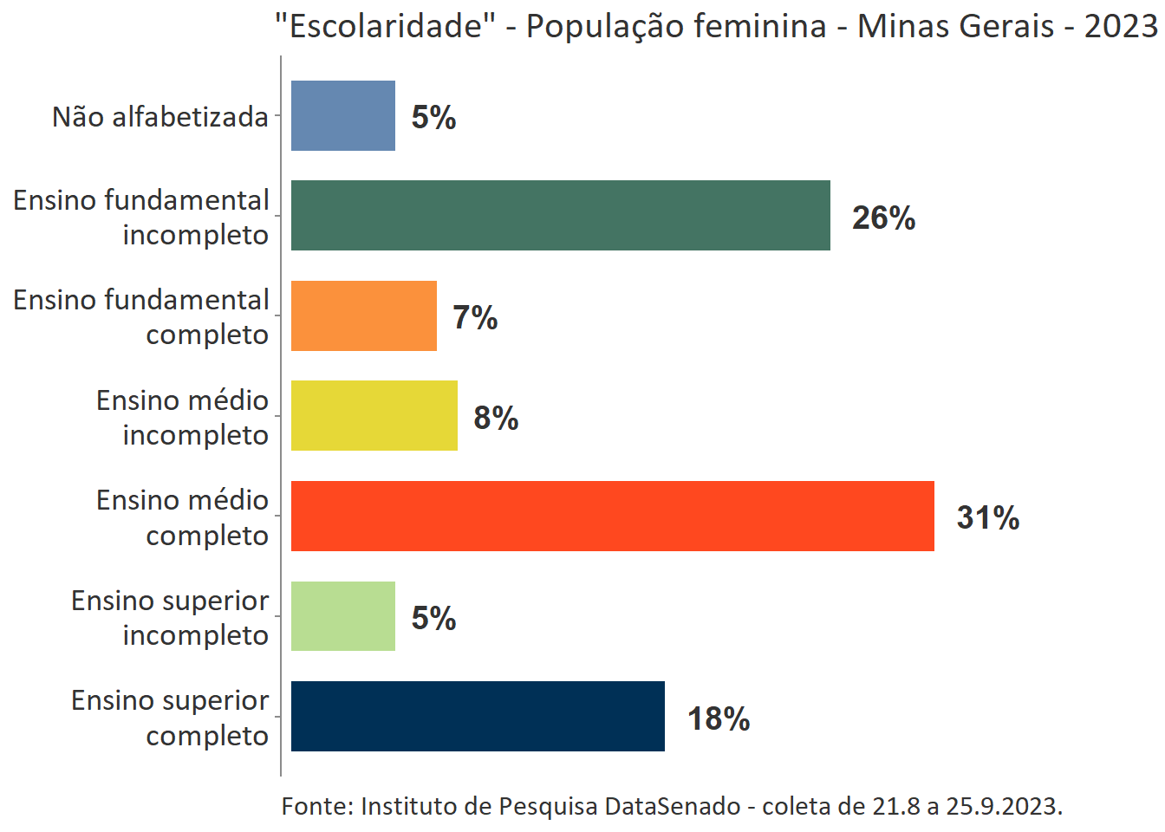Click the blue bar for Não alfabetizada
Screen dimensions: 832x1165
(x=342, y=115)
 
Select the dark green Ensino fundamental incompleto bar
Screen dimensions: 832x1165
(x=560, y=216)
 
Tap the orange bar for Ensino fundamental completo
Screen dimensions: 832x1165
(x=363, y=315)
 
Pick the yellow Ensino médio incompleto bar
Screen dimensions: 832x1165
(x=374, y=416)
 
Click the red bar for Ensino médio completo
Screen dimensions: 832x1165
(x=612, y=516)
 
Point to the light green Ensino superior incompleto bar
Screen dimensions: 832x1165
(x=342, y=616)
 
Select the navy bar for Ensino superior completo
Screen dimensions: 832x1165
(x=478, y=716)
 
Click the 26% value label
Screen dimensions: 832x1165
(x=883, y=218)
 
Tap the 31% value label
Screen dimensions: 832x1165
(x=987, y=517)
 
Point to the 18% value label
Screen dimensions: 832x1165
(x=718, y=718)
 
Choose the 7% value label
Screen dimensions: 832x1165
(x=475, y=318)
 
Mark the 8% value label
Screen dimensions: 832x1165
(x=496, y=418)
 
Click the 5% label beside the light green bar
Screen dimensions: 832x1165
(x=433, y=618)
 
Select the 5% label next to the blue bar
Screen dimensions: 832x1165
(x=433, y=117)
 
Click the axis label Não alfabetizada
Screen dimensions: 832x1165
(x=160, y=116)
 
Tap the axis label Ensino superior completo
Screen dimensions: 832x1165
(x=170, y=718)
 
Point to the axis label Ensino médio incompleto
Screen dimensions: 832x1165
(x=182, y=417)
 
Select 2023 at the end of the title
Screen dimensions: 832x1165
(x=1120, y=26)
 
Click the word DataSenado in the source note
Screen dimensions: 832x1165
(x=672, y=806)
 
